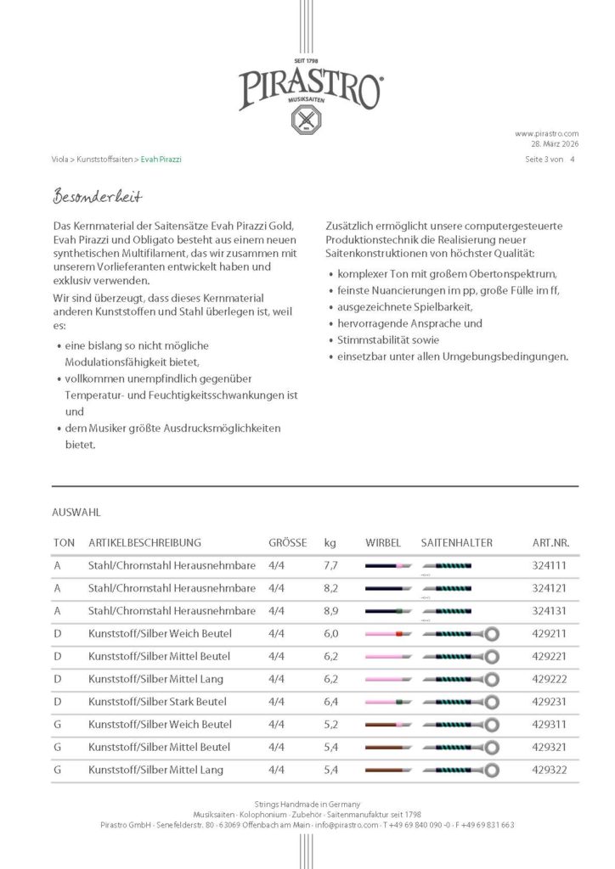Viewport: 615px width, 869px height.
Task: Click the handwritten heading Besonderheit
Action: [97, 197]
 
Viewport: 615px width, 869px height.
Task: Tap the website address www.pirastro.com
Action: [546, 133]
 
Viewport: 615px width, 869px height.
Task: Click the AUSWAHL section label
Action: [76, 513]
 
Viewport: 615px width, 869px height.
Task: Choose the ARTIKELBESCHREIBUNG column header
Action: [144, 542]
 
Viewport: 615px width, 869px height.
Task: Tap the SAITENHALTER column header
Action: [456, 542]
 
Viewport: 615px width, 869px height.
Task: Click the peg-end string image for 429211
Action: [387, 634]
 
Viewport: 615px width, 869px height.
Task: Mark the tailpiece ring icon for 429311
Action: [491, 725]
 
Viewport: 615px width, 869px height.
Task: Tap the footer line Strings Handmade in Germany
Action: [307, 804]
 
